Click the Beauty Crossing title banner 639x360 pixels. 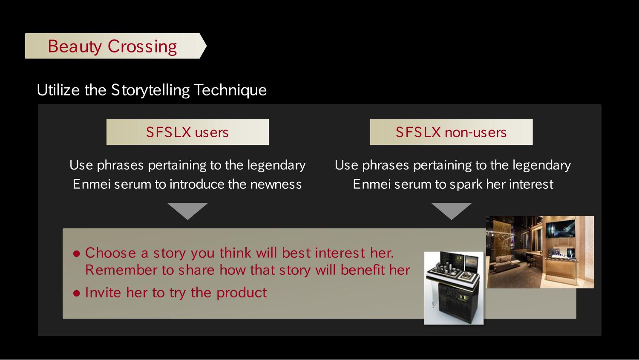(115, 46)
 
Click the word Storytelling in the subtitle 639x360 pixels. (150, 90)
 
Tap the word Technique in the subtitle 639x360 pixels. (230, 90)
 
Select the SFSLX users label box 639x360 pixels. (187, 132)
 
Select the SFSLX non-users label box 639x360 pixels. (451, 132)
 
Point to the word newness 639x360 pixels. (276, 184)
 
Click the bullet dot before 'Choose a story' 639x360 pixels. (76, 253)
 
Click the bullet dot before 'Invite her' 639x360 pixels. (76, 293)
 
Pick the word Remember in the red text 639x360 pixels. (121, 270)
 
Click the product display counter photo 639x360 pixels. (454, 288)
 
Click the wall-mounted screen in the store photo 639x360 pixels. (560, 229)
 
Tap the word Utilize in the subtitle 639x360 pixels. (58, 90)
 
